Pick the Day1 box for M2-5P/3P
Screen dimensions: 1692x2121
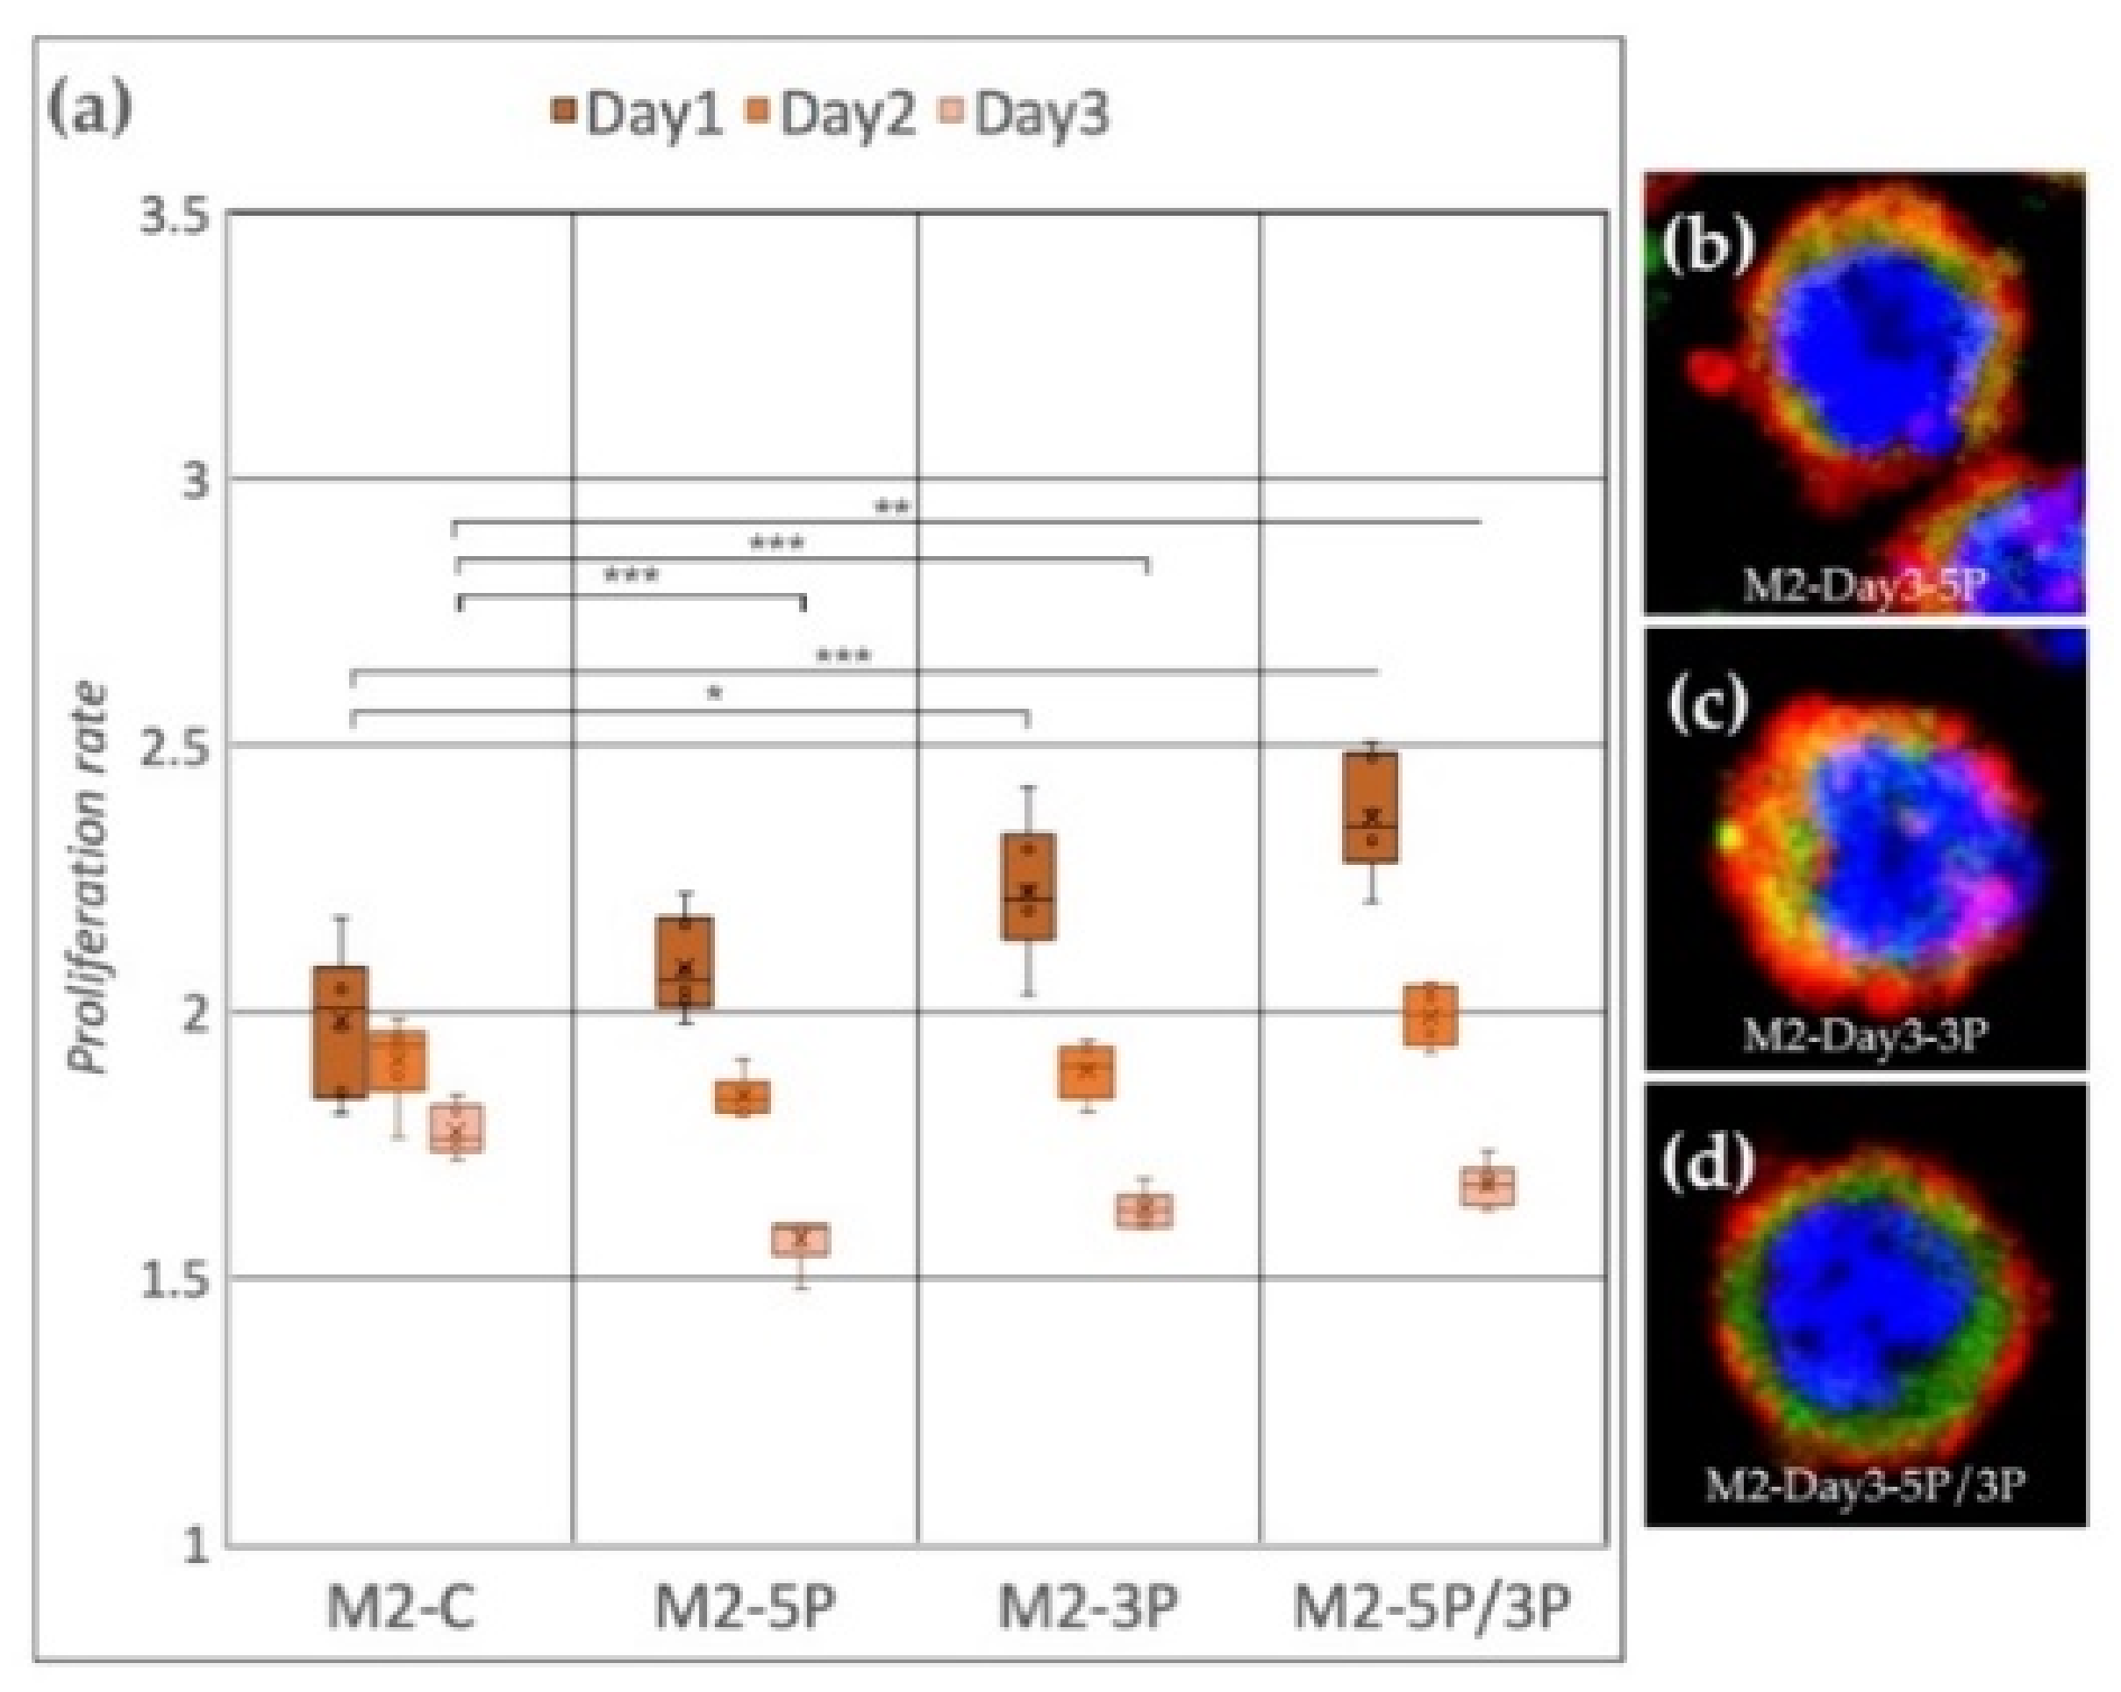coord(1371,808)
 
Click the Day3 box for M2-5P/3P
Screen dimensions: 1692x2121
coord(1488,1187)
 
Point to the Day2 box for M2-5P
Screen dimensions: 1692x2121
coord(743,1096)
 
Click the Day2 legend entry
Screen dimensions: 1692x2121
coord(846,114)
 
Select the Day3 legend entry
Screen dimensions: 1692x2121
coord(1041,114)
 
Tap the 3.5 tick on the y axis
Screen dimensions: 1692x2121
coord(175,218)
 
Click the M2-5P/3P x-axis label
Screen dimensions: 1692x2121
coord(1432,1610)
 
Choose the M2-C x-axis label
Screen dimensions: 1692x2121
coord(400,1610)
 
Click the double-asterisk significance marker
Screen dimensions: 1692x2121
coord(892,508)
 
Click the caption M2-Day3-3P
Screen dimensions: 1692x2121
coord(1864,1034)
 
